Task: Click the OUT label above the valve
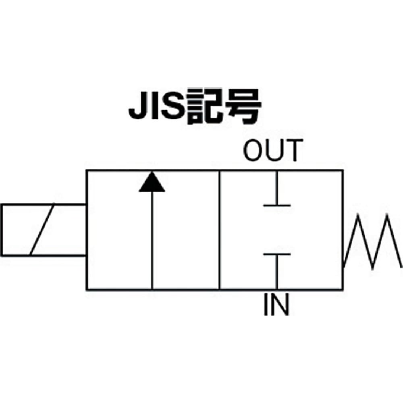pos(273,150)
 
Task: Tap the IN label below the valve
pos(276,305)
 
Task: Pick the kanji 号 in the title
pos(243,107)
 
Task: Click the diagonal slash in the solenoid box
pos(42,229)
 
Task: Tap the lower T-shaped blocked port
pos(277,271)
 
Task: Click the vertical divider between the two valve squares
pos(220,230)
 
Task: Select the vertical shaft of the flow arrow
pos(152,240)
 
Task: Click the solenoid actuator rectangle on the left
pos(43,230)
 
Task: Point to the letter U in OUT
pos(274,150)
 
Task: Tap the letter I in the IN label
pos(266,305)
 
